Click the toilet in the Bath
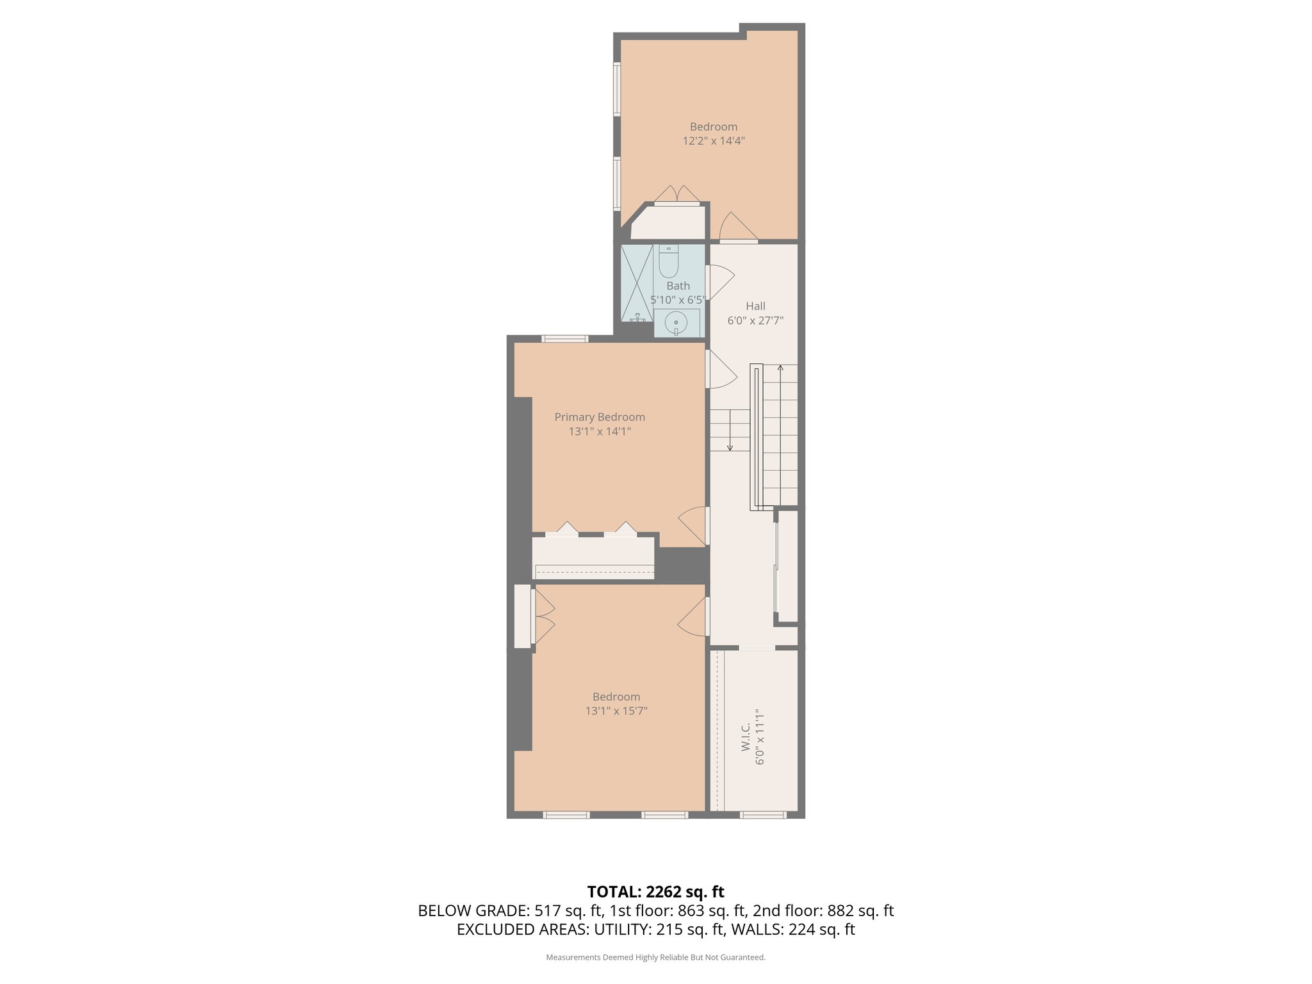tap(668, 262)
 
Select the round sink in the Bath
tap(676, 322)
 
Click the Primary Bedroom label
tap(600, 417)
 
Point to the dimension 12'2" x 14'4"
tap(713, 141)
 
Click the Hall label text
tap(755, 306)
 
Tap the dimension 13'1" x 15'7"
tap(616, 711)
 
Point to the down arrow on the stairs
tap(730, 446)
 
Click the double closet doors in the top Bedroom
tap(676, 195)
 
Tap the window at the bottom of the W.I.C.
tap(763, 815)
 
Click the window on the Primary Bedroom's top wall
tap(564, 339)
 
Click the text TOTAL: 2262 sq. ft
tap(655, 892)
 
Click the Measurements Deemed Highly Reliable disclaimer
tap(655, 957)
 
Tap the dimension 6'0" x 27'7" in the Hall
tap(755, 320)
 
